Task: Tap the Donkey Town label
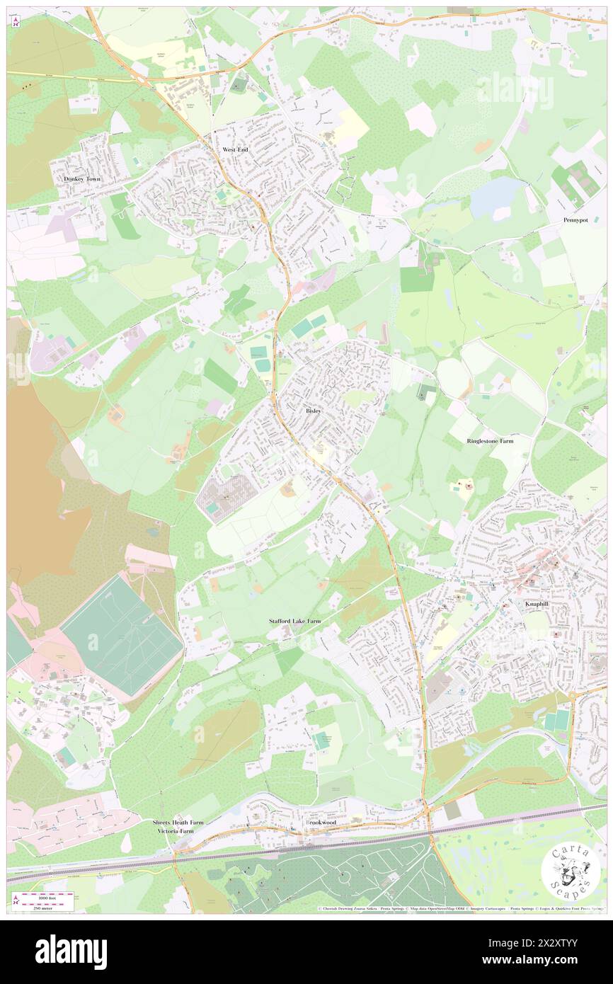coord(82,180)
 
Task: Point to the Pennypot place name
coord(575,220)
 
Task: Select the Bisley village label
coord(314,411)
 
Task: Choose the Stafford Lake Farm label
coord(294,621)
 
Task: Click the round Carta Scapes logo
coord(571,872)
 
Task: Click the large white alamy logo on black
coord(71,951)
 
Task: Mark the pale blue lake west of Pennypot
coord(495,196)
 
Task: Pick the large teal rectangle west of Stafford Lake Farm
coord(120,634)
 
